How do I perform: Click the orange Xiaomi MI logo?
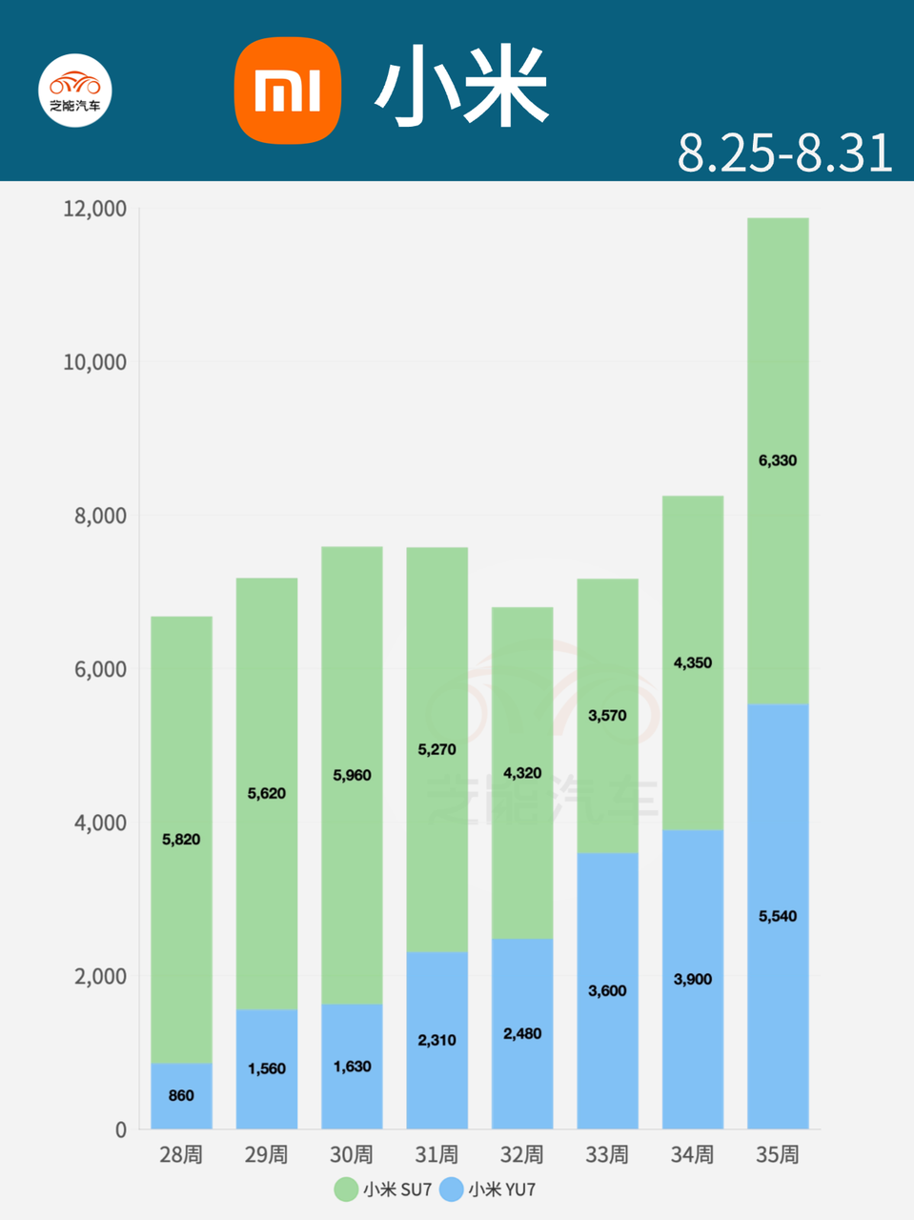(288, 91)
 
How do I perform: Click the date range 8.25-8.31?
(784, 152)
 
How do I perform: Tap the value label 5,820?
(181, 839)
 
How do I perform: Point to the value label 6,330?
(778, 460)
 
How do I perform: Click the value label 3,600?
(607, 990)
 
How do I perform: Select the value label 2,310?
(437, 1040)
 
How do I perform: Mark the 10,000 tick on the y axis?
(94, 362)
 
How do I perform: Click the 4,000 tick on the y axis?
(100, 823)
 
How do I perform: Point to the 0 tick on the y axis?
(120, 1129)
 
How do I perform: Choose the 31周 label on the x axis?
(437, 1154)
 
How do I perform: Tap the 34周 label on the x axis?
(692, 1154)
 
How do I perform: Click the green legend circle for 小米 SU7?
(345, 1189)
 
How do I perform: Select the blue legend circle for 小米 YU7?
(451, 1189)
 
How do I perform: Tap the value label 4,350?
(692, 662)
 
